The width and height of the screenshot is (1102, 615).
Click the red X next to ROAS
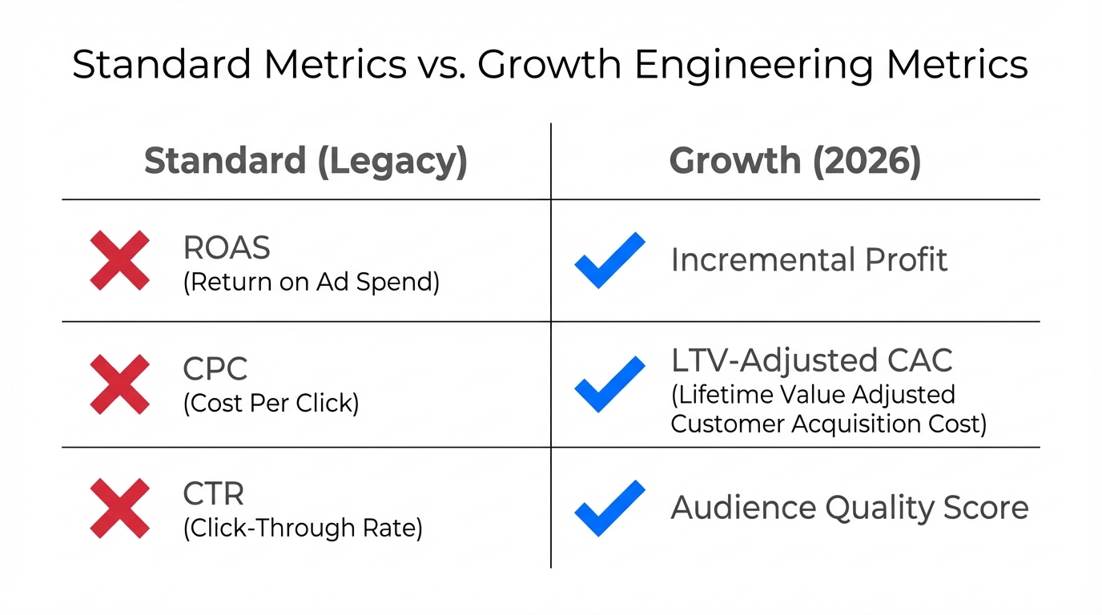tap(119, 260)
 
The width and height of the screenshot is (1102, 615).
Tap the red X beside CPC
tap(119, 384)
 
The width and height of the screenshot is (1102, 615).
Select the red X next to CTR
tap(119, 508)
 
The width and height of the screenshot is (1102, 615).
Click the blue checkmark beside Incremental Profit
tap(609, 260)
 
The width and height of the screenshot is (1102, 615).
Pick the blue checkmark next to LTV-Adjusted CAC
tap(609, 384)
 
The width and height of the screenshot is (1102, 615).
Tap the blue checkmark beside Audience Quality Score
tap(609, 508)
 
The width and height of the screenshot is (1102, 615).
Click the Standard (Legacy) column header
tap(305, 161)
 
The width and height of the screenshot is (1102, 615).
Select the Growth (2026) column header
tap(794, 161)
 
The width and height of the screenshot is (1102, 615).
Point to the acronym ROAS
tap(227, 248)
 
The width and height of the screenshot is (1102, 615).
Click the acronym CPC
tap(215, 369)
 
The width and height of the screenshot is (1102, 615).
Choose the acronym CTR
tap(214, 494)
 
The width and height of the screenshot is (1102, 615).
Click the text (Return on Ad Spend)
tap(311, 283)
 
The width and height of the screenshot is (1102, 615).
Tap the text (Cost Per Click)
tap(271, 403)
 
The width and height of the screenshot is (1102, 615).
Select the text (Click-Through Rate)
tap(302, 528)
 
